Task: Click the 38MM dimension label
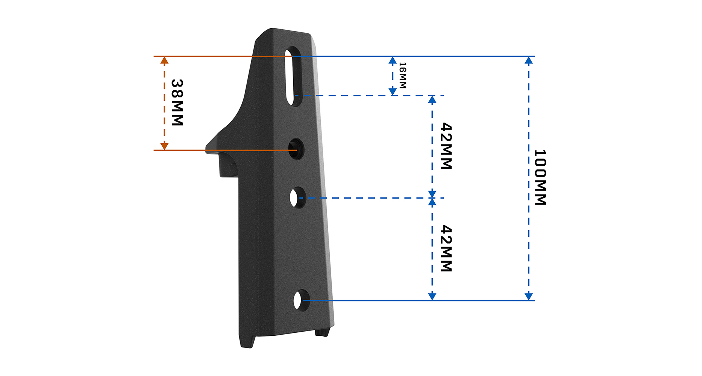pos(177,103)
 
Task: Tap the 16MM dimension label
pos(403,76)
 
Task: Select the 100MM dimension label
pos(540,177)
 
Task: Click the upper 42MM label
pos(446,146)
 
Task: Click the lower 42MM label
pos(446,249)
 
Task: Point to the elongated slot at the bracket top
pos(294,76)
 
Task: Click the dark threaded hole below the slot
pos(296,149)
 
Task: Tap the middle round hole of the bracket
pos(298,197)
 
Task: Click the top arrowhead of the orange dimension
pos(164,60)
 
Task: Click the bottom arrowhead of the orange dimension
pos(164,146)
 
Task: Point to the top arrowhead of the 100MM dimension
pos(529,60)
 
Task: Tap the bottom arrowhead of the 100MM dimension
pos(529,297)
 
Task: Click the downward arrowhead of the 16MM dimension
pos(393,91)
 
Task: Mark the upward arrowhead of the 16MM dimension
pos(393,60)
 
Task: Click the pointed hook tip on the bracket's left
pos(208,147)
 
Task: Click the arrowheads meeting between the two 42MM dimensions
pos(432,198)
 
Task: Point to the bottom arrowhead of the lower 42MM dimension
pos(432,297)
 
